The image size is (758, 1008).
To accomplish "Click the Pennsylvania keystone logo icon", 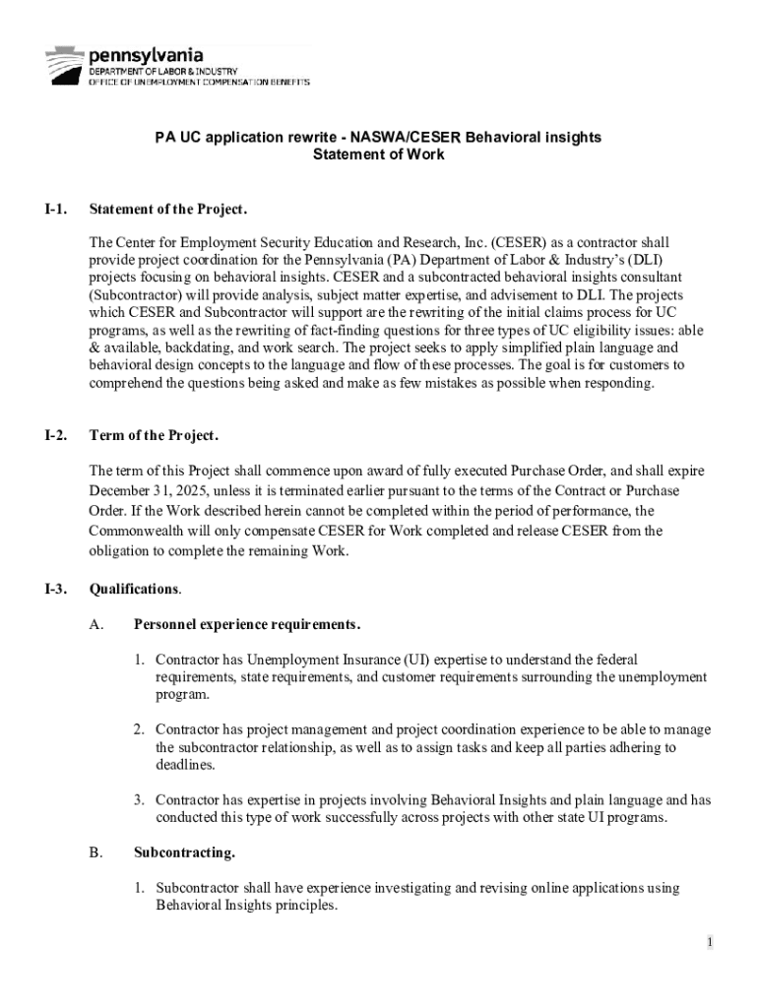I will pyautogui.click(x=65, y=64).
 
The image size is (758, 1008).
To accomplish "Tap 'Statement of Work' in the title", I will pyautogui.click(x=378, y=155).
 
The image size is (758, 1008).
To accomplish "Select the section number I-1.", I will pyautogui.click(x=55, y=210).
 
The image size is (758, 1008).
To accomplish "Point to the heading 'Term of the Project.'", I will pyautogui.click(x=154, y=435).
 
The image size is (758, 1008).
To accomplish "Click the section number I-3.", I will pyautogui.click(x=55, y=590).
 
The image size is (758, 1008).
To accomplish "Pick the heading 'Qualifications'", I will pyautogui.click(x=134, y=590).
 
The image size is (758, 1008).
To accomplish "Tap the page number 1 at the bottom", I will pyautogui.click(x=708, y=943).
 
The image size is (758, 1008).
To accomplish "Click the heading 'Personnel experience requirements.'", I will pyautogui.click(x=247, y=625).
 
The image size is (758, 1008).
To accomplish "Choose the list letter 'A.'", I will pyautogui.click(x=95, y=625).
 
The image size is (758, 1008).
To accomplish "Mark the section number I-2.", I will pyautogui.click(x=55, y=435).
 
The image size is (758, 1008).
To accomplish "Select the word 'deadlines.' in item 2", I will pyautogui.click(x=185, y=765).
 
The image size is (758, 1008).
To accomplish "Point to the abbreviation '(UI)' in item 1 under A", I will pyautogui.click(x=416, y=660).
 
